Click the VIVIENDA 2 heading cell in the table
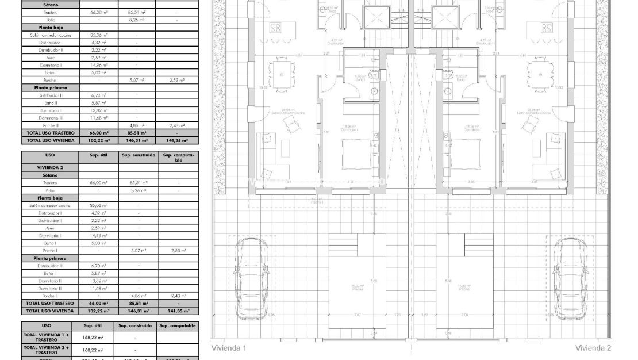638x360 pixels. tap(49, 167)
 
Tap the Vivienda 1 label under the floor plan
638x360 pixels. tap(229, 348)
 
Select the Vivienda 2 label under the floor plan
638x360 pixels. tap(593, 348)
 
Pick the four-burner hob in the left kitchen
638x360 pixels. tap(275, 28)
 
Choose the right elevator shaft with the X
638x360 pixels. tap(443, 16)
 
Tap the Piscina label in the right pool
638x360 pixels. tap(464, 287)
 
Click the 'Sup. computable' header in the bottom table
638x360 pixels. tap(178, 325)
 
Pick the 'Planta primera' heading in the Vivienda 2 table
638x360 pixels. tap(51, 258)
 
